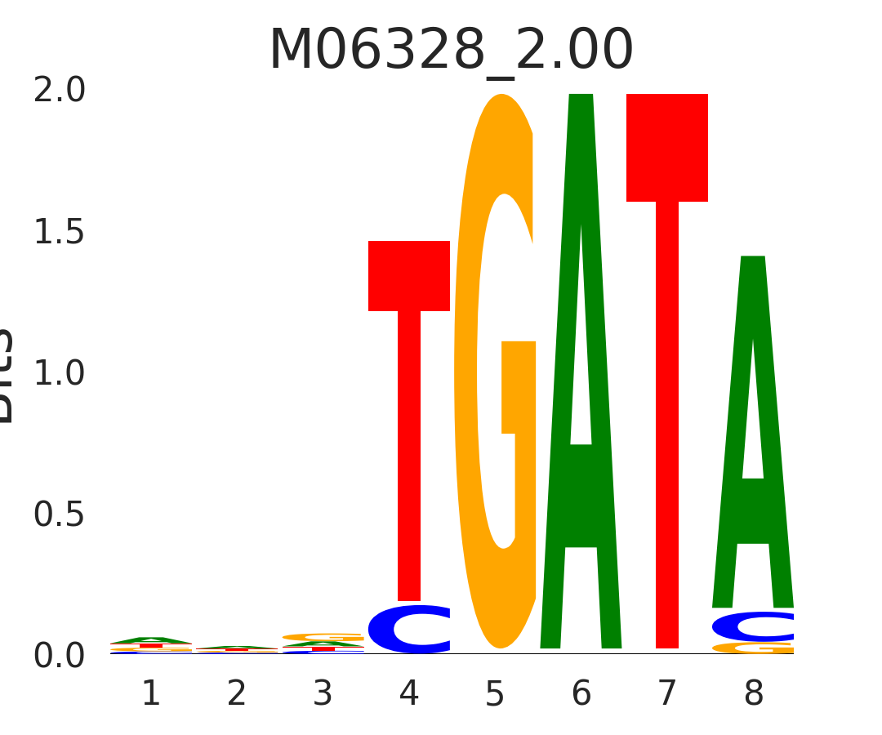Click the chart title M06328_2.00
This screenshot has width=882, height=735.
coord(451,51)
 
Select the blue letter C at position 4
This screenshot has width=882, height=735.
coord(408,630)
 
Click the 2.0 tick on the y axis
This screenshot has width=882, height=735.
coord(60,91)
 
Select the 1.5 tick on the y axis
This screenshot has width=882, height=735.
coord(60,233)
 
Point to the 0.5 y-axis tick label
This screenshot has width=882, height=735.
coord(60,515)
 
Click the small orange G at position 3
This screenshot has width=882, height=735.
coord(323,636)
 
